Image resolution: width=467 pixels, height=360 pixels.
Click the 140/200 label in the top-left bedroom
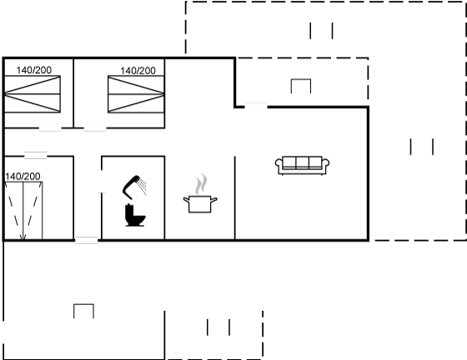pyautogui.click(x=34, y=70)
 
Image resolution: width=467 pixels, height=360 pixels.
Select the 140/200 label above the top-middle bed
pyautogui.click(x=138, y=71)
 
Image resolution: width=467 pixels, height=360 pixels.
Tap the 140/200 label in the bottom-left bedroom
pyautogui.click(x=23, y=177)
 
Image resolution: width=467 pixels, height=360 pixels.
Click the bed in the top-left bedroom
pyautogui.click(x=33, y=94)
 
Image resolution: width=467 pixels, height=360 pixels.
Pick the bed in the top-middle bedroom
pyautogui.click(x=136, y=94)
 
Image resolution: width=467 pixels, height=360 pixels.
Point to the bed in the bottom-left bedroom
pyautogui.click(x=23, y=210)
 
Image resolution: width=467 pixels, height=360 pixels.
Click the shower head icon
pyautogui.click(x=134, y=187)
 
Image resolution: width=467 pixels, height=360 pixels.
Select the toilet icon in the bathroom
pyautogui.click(x=135, y=215)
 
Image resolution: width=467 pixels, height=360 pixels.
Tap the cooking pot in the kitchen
pyautogui.click(x=200, y=204)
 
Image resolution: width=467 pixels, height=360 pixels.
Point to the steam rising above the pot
pyautogui.click(x=201, y=184)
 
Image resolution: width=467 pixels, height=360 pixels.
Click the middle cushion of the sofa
pyautogui.click(x=302, y=162)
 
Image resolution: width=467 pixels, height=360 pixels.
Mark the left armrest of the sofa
pyautogui.click(x=279, y=167)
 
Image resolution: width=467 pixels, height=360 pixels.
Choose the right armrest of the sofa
pyautogui.click(x=325, y=167)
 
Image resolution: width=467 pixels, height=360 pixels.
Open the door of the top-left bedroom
pyautogui.click(x=50, y=128)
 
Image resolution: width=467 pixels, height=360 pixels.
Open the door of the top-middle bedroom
pyautogui.click(x=95, y=128)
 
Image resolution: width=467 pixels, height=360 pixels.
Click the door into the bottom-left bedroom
pyautogui.click(x=35, y=156)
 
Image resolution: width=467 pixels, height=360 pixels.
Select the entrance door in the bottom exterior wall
pyautogui.click(x=87, y=240)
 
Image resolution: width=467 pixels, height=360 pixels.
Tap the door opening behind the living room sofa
pyautogui.click(x=256, y=107)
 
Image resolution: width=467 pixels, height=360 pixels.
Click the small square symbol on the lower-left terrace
pyautogui.click(x=83, y=311)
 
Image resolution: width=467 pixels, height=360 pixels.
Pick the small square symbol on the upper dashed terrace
pyautogui.click(x=301, y=87)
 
